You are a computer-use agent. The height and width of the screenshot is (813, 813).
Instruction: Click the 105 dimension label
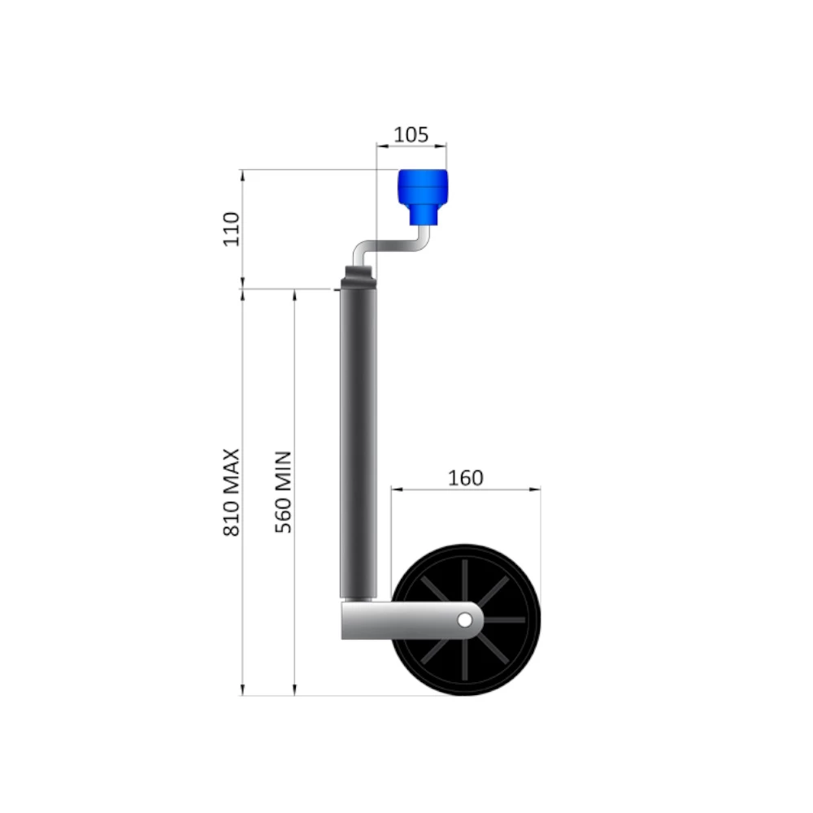411,135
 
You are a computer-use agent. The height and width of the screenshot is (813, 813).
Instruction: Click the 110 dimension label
232,229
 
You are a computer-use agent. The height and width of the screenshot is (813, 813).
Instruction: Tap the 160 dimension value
466,477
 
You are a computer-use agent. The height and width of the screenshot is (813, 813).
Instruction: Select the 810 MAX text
232,492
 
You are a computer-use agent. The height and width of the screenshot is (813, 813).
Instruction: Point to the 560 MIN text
284,492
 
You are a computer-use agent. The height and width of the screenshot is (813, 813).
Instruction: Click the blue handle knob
422,189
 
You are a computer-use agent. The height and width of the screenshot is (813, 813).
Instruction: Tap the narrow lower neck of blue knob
422,215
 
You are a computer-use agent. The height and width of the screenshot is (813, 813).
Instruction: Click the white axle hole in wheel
464,620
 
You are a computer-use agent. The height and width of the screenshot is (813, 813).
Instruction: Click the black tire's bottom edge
466,693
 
